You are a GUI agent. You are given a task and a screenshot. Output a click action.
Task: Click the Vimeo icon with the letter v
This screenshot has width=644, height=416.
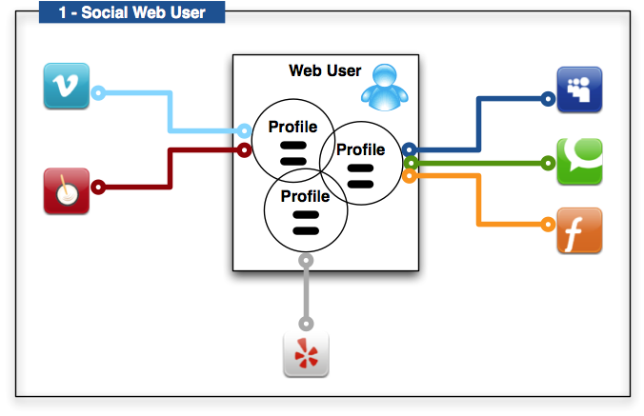[67, 86]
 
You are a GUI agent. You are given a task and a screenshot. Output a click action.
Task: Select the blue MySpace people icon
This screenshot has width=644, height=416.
[579, 90]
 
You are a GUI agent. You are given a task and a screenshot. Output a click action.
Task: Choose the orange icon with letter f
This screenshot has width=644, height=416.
[579, 231]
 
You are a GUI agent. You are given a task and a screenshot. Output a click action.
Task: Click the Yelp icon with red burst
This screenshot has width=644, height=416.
[306, 355]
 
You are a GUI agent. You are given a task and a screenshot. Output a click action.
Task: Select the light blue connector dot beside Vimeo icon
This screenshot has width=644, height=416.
[98, 93]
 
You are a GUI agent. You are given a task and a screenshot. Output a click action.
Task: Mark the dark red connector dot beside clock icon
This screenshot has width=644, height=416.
[97, 187]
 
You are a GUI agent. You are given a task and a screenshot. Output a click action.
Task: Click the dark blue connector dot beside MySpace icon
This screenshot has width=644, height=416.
[548, 98]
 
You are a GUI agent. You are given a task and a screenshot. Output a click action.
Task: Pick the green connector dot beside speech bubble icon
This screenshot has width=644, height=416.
[548, 163]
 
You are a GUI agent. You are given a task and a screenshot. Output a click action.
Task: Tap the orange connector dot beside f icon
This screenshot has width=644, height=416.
[548, 225]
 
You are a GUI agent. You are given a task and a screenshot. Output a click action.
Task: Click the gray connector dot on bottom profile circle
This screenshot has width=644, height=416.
[305, 259]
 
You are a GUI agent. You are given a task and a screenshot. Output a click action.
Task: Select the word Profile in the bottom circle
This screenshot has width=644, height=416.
[304, 197]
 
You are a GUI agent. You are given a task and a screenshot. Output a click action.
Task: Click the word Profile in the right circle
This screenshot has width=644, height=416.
[361, 149]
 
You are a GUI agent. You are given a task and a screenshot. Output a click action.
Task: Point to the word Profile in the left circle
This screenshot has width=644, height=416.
[292, 127]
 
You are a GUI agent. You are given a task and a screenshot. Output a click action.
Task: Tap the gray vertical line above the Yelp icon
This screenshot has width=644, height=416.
[305, 300]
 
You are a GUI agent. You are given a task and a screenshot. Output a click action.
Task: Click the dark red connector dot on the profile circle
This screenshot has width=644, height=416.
[243, 149]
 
